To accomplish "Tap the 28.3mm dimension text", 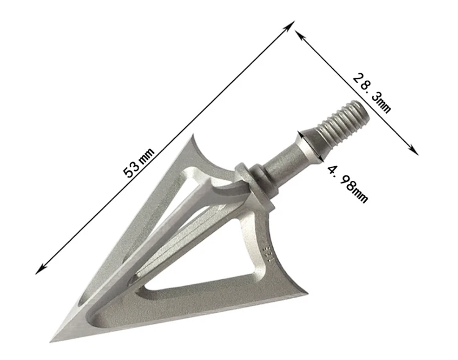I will pyautogui.click(x=371, y=92).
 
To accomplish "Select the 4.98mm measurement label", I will pyautogui.click(x=347, y=183).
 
